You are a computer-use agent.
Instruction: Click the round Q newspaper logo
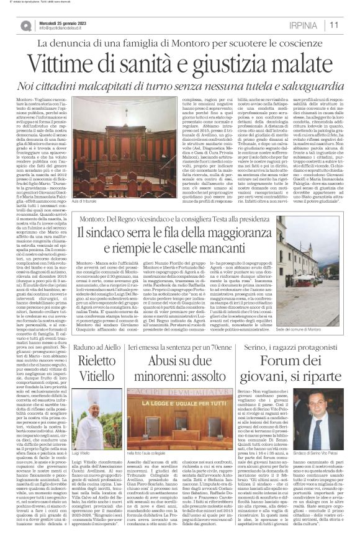pyautogui.click(x=26, y=25)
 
